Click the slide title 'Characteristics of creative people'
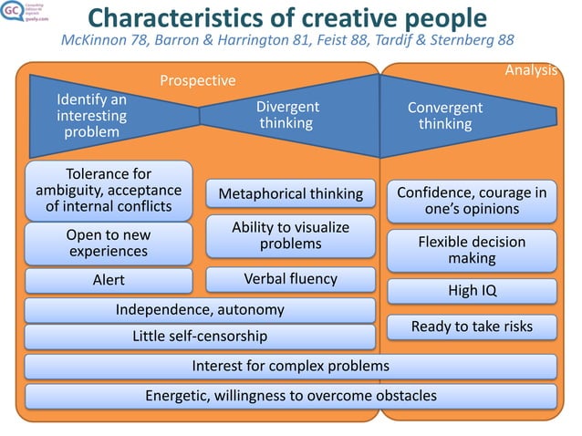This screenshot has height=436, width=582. pyautogui.click(x=287, y=18)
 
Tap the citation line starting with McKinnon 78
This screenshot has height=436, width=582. pyautogui.click(x=287, y=41)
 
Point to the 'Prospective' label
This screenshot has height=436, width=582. pyautogui.click(x=198, y=81)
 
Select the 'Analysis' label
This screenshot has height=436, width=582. pyautogui.click(x=531, y=69)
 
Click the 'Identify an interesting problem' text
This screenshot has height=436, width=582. pyautogui.click(x=91, y=115)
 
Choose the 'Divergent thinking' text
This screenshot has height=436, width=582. pyautogui.click(x=286, y=115)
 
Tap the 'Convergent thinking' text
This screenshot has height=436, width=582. pyautogui.click(x=445, y=116)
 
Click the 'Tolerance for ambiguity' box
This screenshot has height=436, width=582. pyautogui.click(x=109, y=191)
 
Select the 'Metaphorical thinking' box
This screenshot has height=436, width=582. pyautogui.click(x=291, y=193)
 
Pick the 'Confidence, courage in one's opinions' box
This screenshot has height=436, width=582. pyautogui.click(x=472, y=201)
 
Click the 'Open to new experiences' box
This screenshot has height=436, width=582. pyautogui.click(x=109, y=243)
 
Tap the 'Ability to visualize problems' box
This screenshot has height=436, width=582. pyautogui.click(x=291, y=235)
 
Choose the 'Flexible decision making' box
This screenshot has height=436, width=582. pyautogui.click(x=472, y=250)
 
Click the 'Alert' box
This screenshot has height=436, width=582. pyautogui.click(x=109, y=280)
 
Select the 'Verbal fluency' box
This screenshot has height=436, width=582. pyautogui.click(x=291, y=278)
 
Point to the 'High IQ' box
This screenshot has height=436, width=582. pyautogui.click(x=472, y=291)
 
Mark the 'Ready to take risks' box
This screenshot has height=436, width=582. pyautogui.click(x=472, y=326)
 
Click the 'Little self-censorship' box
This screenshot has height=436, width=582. pyautogui.click(x=200, y=337)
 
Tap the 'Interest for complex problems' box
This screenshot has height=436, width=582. pyautogui.click(x=291, y=366)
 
